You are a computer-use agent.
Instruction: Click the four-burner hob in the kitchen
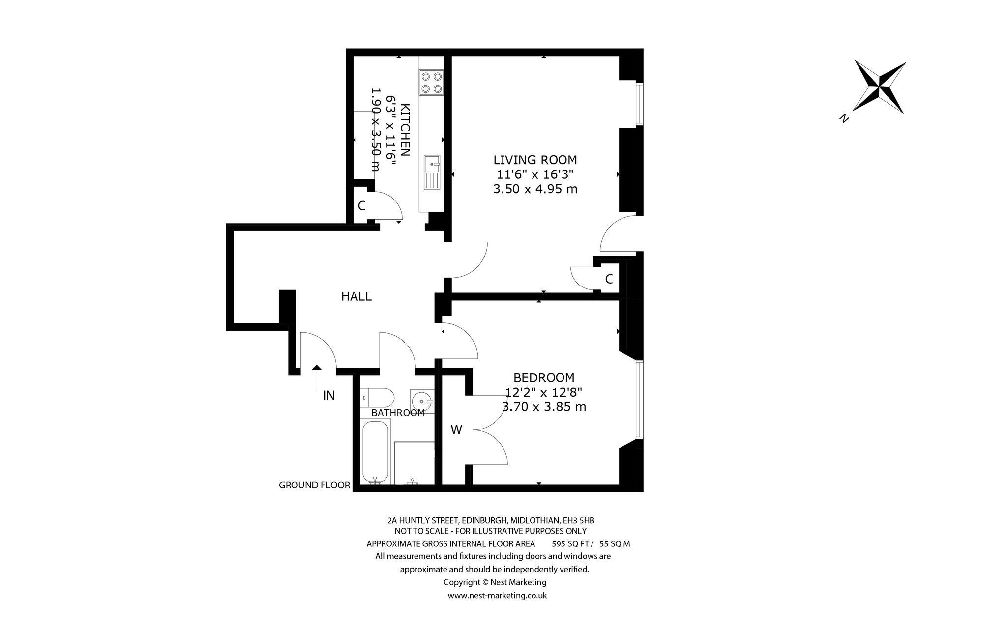tap(431, 82)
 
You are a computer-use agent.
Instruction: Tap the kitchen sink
tap(432, 172)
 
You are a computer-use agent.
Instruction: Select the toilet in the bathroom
tap(377, 397)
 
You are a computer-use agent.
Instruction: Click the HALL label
tap(356, 296)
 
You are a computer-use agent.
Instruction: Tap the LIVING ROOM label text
tap(535, 160)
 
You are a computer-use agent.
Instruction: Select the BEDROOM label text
tap(544, 378)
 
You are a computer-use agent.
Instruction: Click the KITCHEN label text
tap(406, 129)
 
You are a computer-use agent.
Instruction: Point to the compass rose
tap(880, 87)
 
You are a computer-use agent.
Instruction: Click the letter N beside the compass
tap(844, 118)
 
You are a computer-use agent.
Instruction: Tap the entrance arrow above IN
tap(317, 379)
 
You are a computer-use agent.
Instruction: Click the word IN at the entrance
tap(329, 395)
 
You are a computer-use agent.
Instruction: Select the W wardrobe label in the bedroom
tap(456, 430)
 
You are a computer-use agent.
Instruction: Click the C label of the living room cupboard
tap(609, 279)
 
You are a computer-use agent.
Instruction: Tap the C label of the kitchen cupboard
tap(361, 206)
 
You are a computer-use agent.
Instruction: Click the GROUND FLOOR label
tap(314, 486)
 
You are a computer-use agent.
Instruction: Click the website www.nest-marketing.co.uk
tap(497, 595)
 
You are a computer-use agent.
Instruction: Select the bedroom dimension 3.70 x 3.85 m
tap(544, 407)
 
